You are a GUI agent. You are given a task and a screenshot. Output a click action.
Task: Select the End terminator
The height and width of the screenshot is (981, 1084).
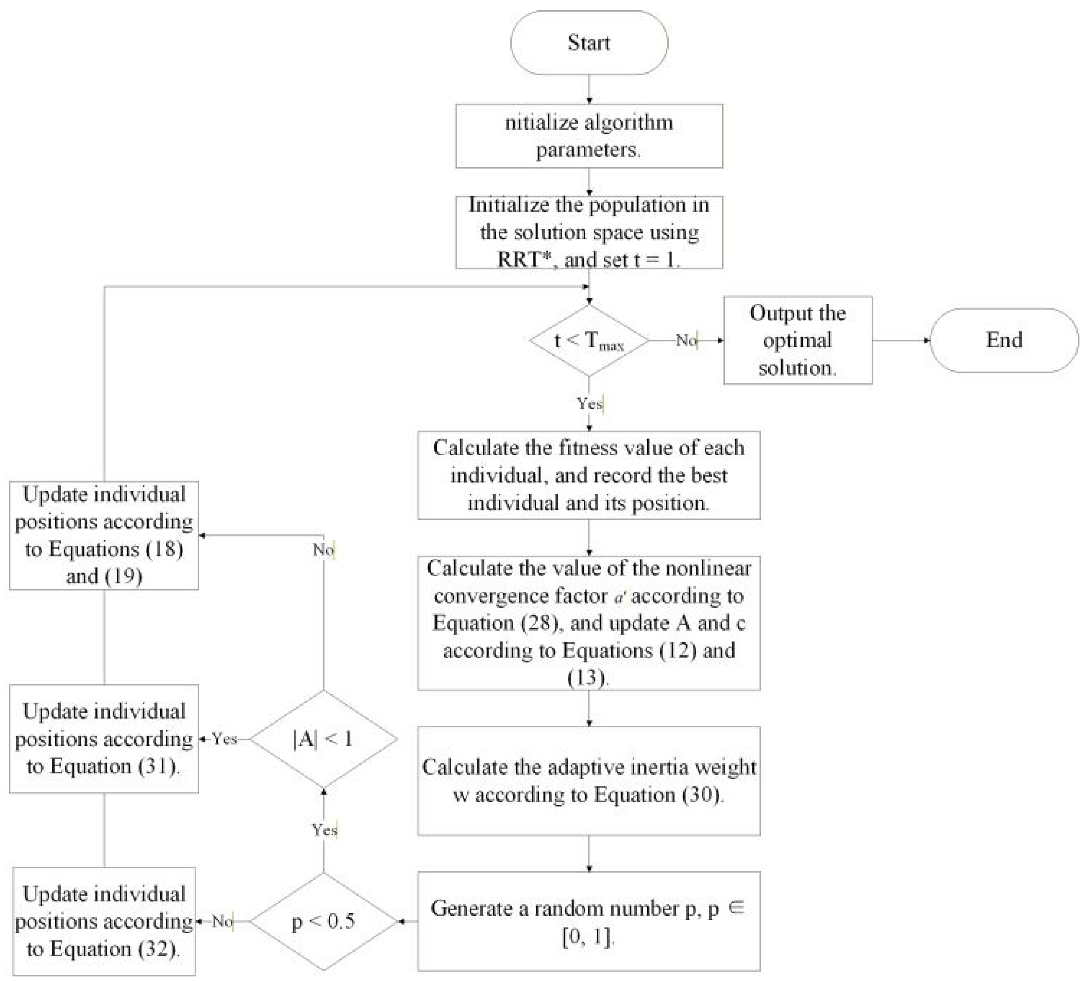point(1004,340)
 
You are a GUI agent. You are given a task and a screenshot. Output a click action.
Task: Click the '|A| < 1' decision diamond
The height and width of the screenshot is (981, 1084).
point(324,739)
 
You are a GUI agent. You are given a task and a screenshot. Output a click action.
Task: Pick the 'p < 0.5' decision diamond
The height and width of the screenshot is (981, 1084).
point(324,921)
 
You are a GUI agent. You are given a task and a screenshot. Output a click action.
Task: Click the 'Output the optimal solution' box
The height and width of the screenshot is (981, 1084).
point(798,340)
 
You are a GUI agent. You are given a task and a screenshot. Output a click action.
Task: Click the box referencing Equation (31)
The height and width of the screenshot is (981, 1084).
point(104,739)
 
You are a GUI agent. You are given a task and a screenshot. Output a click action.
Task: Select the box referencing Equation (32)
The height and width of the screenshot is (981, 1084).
point(104,921)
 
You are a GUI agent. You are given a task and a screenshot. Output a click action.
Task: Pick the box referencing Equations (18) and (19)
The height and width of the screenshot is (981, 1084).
point(104,535)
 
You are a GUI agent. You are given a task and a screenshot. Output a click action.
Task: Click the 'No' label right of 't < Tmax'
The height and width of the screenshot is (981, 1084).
point(685,340)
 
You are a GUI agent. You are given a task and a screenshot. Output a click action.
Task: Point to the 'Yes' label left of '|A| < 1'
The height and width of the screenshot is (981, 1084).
point(224,739)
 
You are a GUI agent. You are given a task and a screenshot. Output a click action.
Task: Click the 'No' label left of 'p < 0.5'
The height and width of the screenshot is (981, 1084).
point(222,921)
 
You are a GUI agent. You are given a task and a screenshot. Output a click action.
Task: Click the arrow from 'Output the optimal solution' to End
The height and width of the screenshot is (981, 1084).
point(901,340)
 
